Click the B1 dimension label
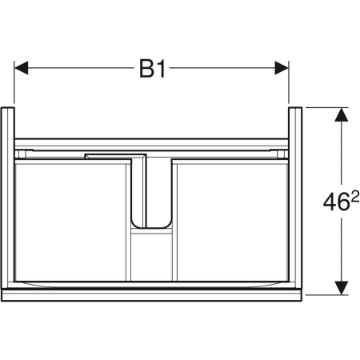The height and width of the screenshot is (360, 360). tap(153, 68)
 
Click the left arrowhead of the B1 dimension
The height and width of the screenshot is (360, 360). tap(21, 68)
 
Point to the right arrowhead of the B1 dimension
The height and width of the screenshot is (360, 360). tap(282, 68)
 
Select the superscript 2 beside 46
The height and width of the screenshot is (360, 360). tap(355, 197)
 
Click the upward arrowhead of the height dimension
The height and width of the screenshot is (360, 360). tap(342, 114)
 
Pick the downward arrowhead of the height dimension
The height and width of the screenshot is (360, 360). tap(342, 288)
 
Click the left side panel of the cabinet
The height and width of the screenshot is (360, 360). tap(8, 198)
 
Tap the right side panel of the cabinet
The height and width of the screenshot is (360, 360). tap(295, 198)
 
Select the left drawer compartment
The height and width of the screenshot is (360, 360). tap(70, 222)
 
